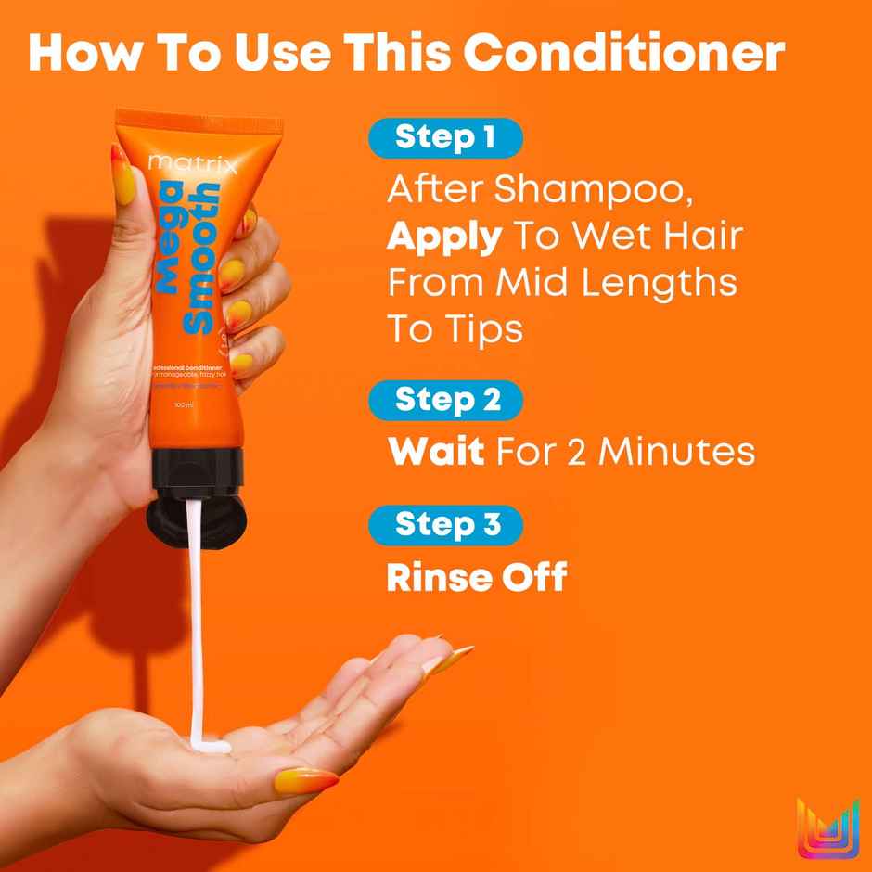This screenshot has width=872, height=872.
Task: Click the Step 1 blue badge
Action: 446,138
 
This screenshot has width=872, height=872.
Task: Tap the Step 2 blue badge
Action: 446,400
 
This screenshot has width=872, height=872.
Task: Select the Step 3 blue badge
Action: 446,524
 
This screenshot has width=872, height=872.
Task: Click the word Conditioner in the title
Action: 623,55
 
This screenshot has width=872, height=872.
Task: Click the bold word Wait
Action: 435,453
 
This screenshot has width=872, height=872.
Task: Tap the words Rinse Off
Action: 476,578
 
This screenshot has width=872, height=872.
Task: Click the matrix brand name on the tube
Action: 193,166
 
